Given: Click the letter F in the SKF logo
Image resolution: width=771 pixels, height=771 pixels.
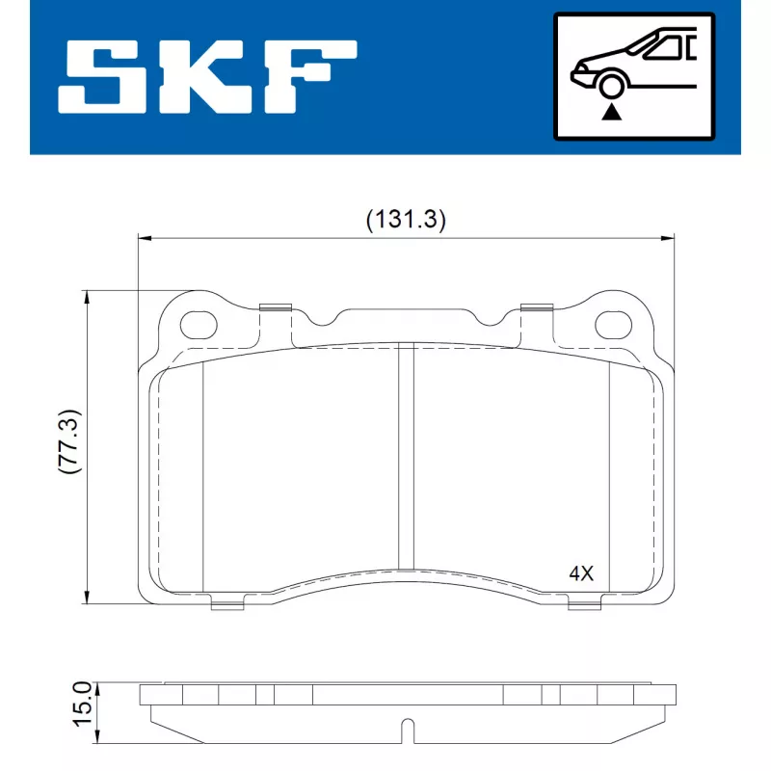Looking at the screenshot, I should [313, 78].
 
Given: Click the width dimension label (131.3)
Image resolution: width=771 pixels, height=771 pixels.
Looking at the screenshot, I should [406, 220].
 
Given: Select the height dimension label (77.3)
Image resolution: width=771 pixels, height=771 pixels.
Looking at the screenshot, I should [68, 442].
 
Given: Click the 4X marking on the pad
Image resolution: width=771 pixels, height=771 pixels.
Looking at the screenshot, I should [581, 572].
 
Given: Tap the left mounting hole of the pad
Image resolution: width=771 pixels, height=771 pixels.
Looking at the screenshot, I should [199, 324].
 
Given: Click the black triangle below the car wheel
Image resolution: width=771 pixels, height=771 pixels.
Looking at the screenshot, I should [611, 112].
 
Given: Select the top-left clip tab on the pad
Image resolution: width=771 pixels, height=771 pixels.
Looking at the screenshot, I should [276, 308].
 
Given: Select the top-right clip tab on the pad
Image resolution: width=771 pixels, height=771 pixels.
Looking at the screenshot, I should [536, 308].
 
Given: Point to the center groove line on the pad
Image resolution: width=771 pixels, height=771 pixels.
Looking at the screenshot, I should [406, 458].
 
